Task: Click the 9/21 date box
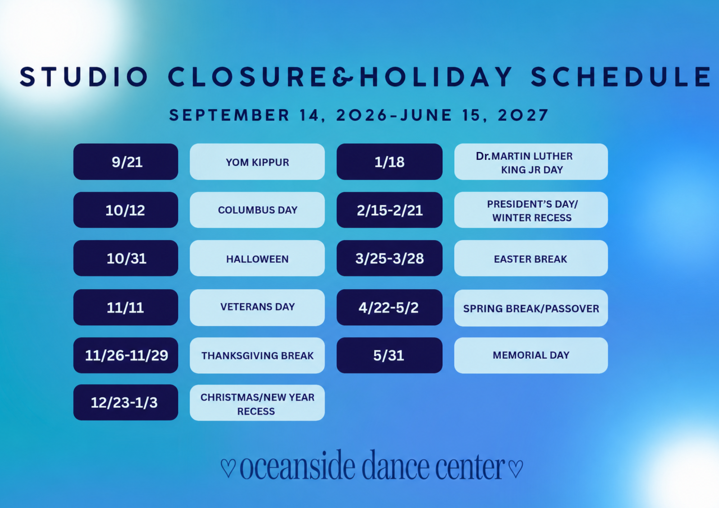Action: click(x=126, y=162)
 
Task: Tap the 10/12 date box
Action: click(x=126, y=210)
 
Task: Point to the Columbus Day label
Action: click(x=257, y=210)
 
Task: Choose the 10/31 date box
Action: click(x=126, y=258)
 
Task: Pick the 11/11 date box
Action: click(x=126, y=308)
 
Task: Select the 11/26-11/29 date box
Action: click(x=126, y=355)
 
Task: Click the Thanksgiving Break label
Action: click(x=257, y=355)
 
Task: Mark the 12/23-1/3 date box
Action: click(x=126, y=402)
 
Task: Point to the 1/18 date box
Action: click(x=390, y=162)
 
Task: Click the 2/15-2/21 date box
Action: click(x=390, y=210)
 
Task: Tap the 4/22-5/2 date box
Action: click(x=390, y=308)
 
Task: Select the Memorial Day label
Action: click(x=531, y=355)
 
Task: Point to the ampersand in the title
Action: click(x=343, y=77)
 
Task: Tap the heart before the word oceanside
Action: click(x=228, y=467)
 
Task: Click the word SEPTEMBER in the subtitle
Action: click(x=229, y=115)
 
